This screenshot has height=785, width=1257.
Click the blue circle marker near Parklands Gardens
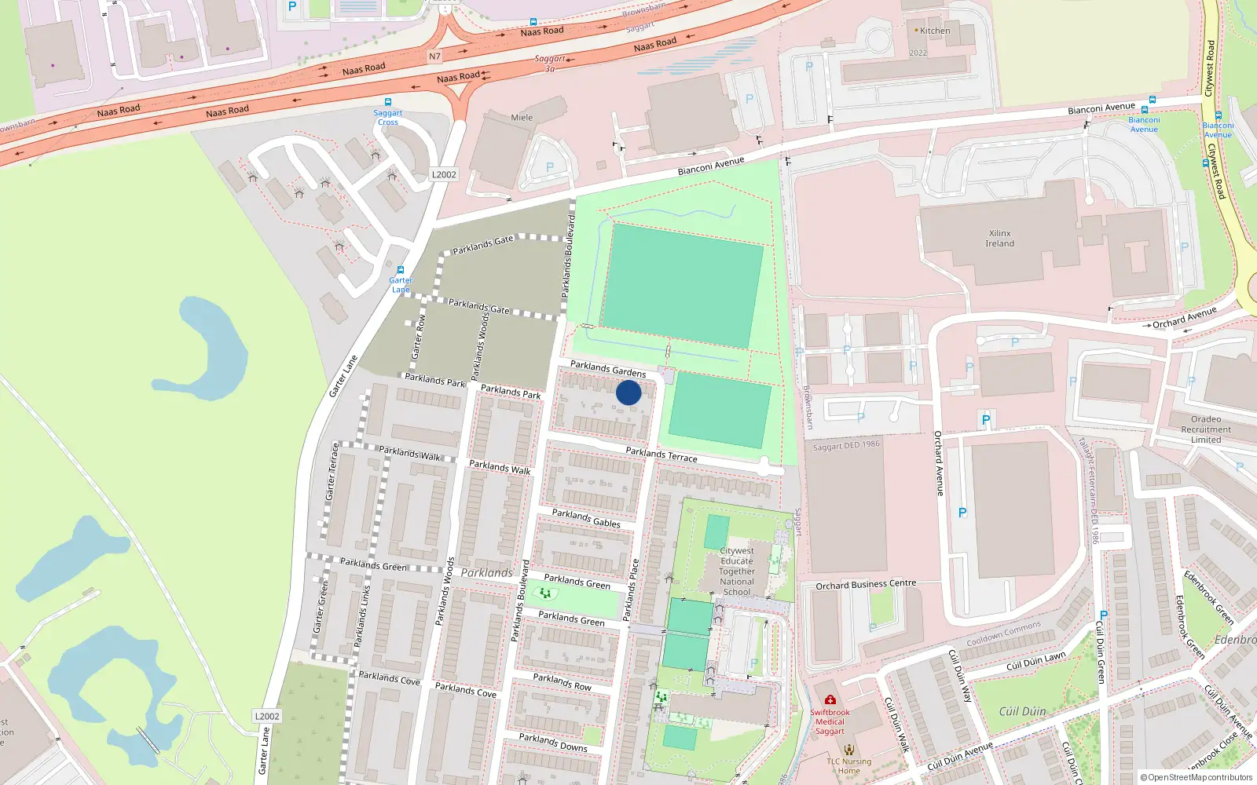click(628, 392)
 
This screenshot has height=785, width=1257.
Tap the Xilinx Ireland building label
click(999, 239)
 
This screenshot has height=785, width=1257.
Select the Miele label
click(522, 118)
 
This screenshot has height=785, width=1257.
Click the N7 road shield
click(434, 57)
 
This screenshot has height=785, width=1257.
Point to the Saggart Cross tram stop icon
click(387, 102)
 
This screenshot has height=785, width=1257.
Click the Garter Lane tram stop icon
click(401, 269)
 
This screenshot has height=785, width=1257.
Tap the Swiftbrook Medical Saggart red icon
click(830, 699)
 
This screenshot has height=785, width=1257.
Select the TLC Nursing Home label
click(848, 765)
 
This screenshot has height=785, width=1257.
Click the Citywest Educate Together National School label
click(736, 571)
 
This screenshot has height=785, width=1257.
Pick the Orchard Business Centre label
click(866, 584)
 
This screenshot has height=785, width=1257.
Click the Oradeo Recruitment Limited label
click(1205, 429)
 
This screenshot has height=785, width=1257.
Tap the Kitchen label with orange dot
click(934, 31)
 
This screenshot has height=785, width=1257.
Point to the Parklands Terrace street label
click(661, 454)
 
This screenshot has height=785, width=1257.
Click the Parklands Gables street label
click(586, 518)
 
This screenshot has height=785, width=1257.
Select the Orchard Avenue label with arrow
click(1184, 317)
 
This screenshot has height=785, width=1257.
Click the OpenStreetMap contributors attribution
click(1196, 777)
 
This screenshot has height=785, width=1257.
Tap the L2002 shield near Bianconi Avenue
click(444, 174)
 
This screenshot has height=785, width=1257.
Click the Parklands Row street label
click(562, 681)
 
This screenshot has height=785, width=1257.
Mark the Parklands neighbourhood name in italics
click(486, 572)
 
